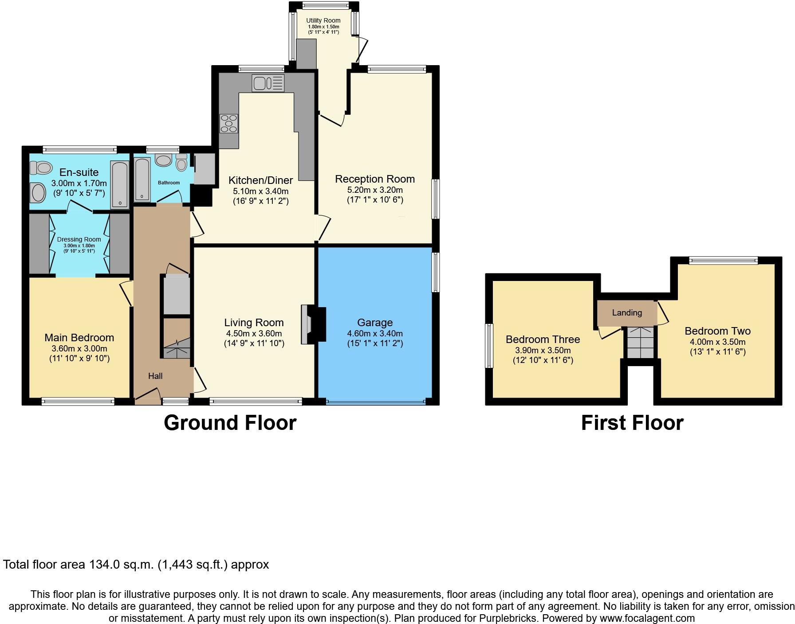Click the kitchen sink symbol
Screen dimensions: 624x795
(268, 83)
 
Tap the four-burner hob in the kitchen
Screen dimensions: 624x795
(229, 123)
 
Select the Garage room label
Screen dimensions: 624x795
(375, 323)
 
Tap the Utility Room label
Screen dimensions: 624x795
(323, 20)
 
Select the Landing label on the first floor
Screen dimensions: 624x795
(627, 313)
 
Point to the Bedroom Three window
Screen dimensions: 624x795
(489, 345)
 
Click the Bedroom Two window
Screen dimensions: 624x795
(723, 261)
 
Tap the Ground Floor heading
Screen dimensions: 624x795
(230, 423)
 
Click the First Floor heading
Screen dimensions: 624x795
(632, 423)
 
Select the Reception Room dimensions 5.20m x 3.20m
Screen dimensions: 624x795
(375, 190)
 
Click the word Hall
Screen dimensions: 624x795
(155, 376)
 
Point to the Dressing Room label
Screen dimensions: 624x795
(79, 239)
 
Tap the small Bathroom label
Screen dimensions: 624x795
(169, 183)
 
